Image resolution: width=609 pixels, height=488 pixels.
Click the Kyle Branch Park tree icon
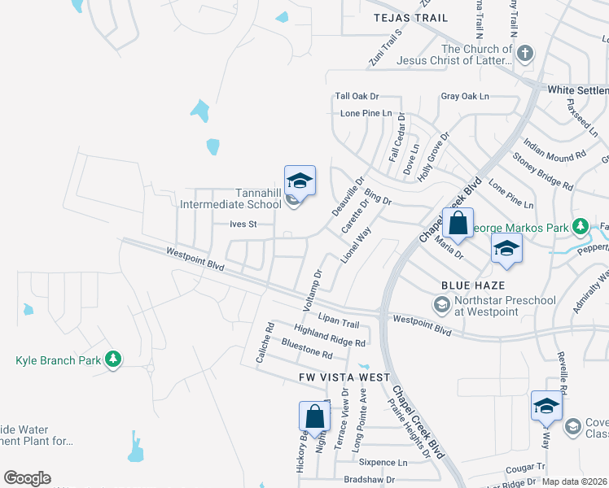click(x=114, y=359)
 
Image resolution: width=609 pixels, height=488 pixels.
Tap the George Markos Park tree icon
click(x=581, y=225)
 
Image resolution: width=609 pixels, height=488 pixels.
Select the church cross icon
click(x=525, y=54)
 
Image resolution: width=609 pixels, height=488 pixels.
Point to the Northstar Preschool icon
click(x=441, y=305)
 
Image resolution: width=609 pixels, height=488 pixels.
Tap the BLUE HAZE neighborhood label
click(x=474, y=285)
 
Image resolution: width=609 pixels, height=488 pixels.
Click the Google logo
click(x=27, y=478)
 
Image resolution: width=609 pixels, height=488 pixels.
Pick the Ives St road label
click(x=243, y=224)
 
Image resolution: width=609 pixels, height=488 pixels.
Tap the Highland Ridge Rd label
click(x=330, y=338)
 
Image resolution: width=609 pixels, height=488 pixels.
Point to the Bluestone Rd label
click(x=306, y=349)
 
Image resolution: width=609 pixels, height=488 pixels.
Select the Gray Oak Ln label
click(x=465, y=96)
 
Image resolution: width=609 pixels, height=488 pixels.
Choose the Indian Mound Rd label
click(x=555, y=143)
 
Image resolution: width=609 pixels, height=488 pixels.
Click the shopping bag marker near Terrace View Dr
click(x=314, y=417)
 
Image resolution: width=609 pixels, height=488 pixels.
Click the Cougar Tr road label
click(x=524, y=467)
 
